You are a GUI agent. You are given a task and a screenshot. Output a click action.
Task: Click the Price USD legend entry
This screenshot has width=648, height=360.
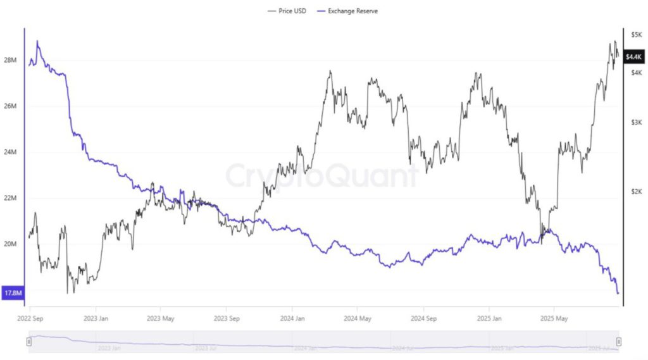point(287,11)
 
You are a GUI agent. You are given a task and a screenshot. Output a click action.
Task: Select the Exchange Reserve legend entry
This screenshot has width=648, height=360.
point(350,11)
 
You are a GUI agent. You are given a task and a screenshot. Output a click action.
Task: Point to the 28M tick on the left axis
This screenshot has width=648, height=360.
point(10,60)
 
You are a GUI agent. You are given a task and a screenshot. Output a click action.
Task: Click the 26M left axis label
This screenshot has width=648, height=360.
point(10,106)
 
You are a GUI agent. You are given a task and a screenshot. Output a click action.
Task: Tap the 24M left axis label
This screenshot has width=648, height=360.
point(10,152)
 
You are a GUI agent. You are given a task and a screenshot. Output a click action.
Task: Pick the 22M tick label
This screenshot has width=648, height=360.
point(10,198)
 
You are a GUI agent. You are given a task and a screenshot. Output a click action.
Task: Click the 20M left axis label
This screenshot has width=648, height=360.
point(10,244)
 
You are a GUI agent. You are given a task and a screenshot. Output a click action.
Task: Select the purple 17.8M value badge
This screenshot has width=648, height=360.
point(13,293)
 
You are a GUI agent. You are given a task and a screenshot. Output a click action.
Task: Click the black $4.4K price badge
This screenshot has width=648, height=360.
point(633,57)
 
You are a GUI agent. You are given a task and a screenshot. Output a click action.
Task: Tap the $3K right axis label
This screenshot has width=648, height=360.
point(636,122)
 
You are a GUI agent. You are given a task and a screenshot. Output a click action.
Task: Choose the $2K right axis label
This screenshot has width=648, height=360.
point(636,191)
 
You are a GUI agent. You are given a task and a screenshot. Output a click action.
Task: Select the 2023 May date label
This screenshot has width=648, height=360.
point(160,318)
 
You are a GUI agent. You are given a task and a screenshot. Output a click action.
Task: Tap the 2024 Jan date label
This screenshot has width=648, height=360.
point(293,318)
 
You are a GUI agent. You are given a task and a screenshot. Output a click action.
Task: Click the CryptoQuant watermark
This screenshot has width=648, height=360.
point(322,176)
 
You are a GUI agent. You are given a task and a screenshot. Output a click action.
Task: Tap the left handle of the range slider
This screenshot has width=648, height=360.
point(29,342)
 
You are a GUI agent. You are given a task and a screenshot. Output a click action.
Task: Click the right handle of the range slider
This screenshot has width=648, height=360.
point(618,342)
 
